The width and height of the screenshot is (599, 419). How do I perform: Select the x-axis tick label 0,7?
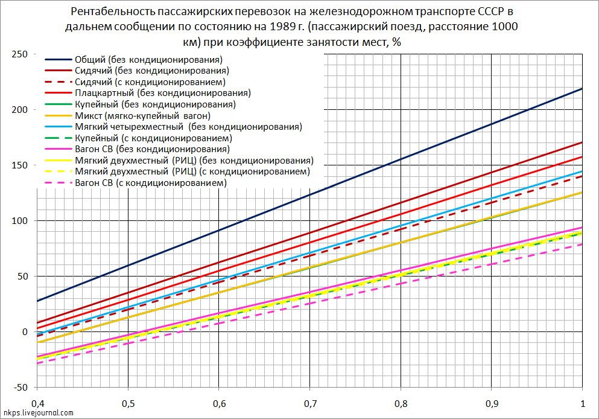tap(310, 403)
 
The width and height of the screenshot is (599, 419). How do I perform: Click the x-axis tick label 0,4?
tap(37, 403)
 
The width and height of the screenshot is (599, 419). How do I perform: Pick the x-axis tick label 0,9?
tap(492, 403)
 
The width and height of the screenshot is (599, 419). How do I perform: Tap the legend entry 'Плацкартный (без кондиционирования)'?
tap(163, 93)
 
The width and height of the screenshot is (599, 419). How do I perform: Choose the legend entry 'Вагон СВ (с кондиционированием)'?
tap(151, 182)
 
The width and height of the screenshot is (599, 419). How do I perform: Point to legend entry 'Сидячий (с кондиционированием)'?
tap(150, 82)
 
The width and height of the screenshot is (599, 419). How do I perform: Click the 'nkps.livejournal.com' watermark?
tap(37, 413)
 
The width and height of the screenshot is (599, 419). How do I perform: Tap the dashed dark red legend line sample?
tap(59, 82)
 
